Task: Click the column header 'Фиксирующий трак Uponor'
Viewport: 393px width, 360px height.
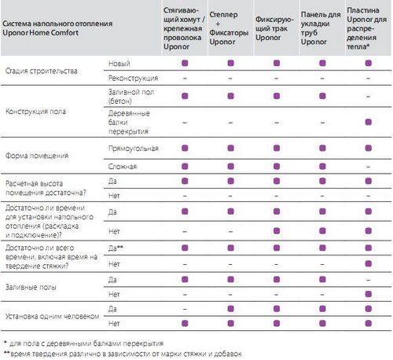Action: [x=274, y=28]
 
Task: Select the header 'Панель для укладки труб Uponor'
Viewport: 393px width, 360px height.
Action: [x=321, y=28]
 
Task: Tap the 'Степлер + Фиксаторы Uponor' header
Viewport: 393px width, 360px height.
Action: [x=229, y=28]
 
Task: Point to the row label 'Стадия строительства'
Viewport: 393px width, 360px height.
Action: [x=42, y=71]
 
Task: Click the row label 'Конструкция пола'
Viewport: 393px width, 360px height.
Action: [x=35, y=112]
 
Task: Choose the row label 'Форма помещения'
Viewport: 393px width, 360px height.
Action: [x=37, y=156]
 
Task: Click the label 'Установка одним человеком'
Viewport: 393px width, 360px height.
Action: [x=53, y=316]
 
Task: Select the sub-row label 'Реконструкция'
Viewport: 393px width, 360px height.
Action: [x=133, y=78]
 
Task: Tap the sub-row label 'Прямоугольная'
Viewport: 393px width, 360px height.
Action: [x=134, y=149]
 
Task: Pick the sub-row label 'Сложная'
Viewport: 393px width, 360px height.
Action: [x=123, y=167]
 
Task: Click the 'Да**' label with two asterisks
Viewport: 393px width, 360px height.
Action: [x=116, y=248]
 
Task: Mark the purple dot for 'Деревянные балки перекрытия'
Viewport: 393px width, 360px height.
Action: [x=369, y=122]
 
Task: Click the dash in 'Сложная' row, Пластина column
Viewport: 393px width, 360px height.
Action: [x=369, y=167]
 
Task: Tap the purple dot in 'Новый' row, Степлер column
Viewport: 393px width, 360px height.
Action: [x=230, y=63]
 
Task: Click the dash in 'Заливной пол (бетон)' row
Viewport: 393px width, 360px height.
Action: [x=369, y=97]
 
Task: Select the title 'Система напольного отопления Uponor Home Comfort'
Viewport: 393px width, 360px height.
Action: [x=57, y=28]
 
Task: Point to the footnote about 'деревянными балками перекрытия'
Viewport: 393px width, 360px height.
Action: [x=84, y=343]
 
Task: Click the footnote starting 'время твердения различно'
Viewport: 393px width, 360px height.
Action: [x=123, y=354]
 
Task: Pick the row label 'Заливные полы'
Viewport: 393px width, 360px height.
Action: [x=31, y=287]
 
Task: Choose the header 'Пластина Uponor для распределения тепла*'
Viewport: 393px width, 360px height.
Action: [x=366, y=28]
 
